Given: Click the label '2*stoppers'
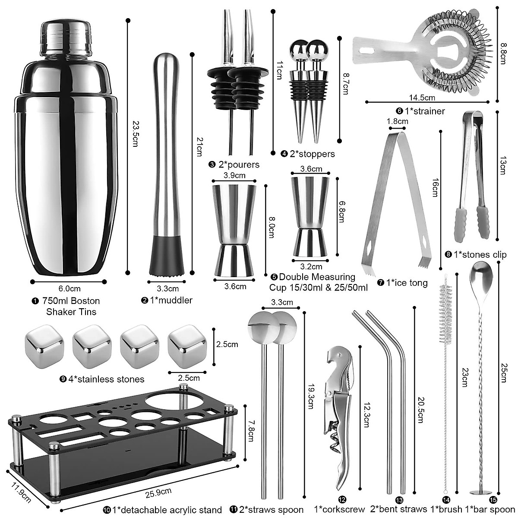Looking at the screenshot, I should [x=312, y=154].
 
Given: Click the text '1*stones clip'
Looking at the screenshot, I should [x=480, y=255].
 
